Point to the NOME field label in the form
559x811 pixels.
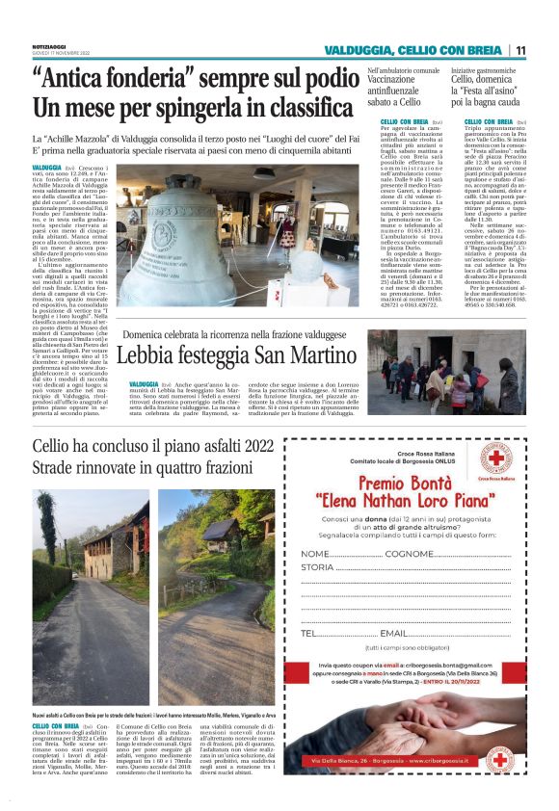(x=315, y=556)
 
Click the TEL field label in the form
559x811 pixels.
(x=309, y=633)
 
